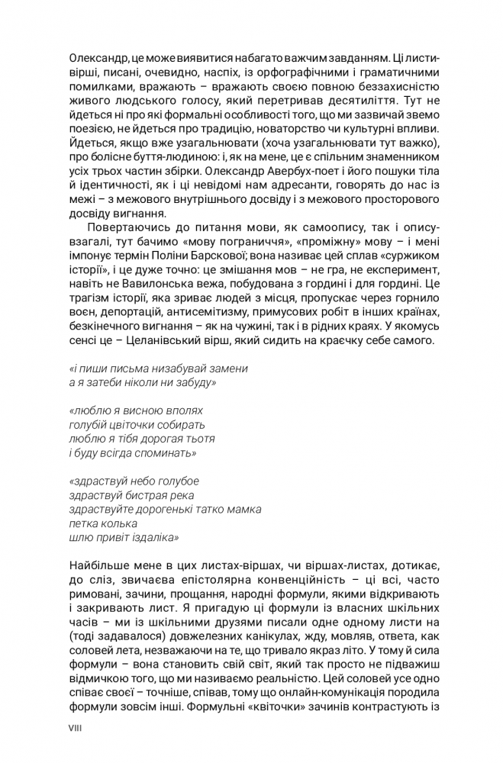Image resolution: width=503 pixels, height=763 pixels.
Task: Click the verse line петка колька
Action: coord(103,523)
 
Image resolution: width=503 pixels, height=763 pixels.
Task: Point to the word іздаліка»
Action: coord(152,536)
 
